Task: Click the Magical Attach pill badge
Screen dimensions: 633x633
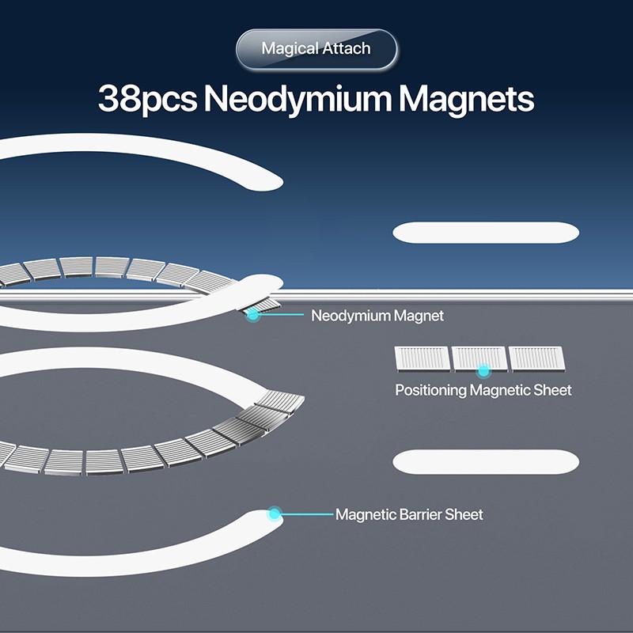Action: [x=316, y=49]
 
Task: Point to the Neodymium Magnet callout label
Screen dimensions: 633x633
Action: [x=377, y=316]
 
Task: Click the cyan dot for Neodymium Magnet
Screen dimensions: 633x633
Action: [x=253, y=315]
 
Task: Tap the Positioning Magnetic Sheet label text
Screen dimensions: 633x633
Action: [x=483, y=390]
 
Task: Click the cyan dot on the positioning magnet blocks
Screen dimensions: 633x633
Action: [x=482, y=370]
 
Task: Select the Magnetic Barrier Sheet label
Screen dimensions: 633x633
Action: [x=409, y=514]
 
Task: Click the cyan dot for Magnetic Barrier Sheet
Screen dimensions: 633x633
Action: [x=275, y=514]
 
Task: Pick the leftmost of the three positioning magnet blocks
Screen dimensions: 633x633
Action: [x=422, y=358]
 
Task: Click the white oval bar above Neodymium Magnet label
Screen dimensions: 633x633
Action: [x=486, y=233]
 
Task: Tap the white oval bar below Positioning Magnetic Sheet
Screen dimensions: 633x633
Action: [x=486, y=462]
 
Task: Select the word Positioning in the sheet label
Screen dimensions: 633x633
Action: [x=430, y=390]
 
